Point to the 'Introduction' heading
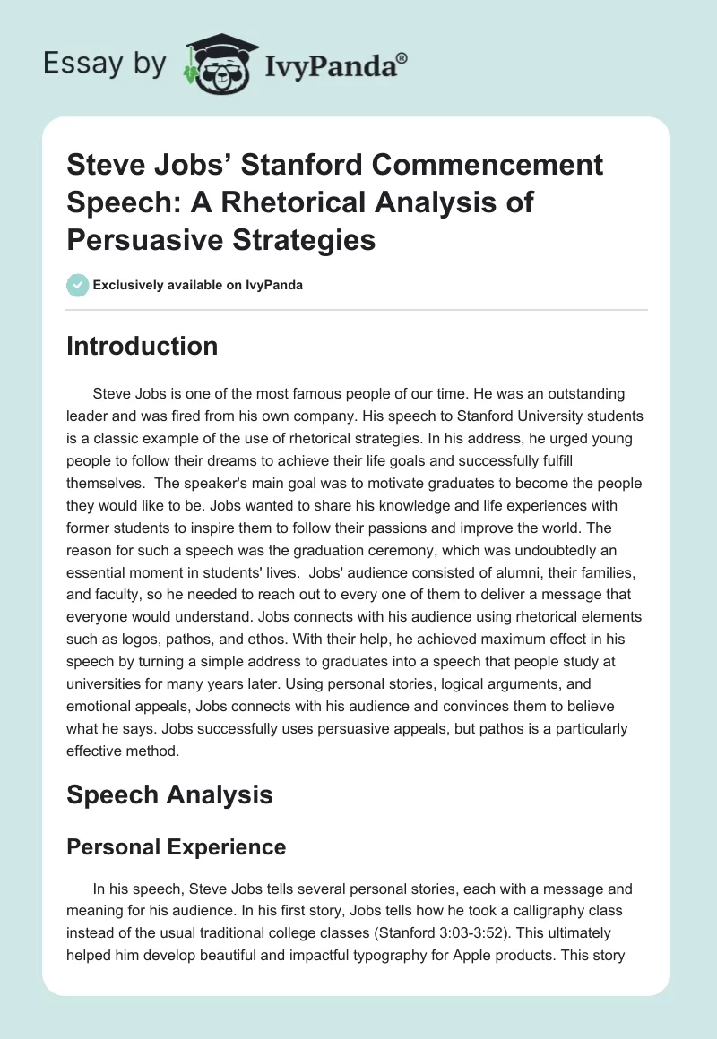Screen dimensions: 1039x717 (142, 346)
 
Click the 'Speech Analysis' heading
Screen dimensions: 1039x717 (169, 794)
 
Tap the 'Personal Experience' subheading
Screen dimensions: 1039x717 (176, 846)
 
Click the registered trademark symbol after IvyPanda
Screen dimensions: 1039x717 (402, 57)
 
